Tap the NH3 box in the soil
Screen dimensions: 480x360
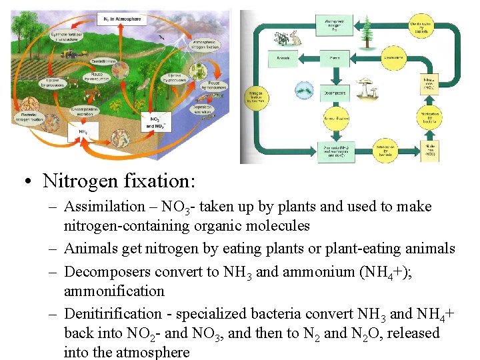click(83, 132)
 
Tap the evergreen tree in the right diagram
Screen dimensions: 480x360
click(365, 30)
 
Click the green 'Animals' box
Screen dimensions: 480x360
click(283, 59)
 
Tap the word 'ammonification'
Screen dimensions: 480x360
click(114, 291)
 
